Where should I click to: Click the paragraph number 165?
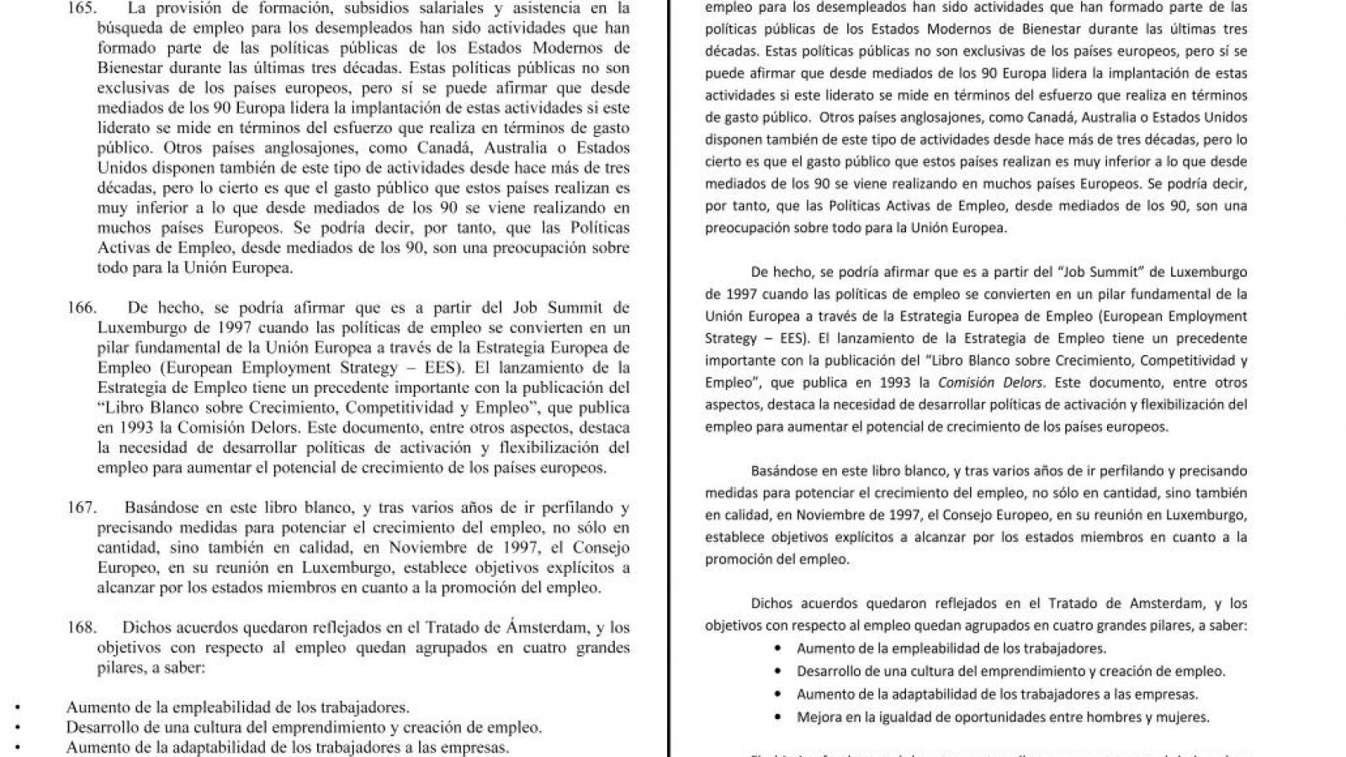(x=82, y=8)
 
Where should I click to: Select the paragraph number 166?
(x=82, y=308)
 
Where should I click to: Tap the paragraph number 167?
(x=82, y=508)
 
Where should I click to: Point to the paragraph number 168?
(x=82, y=627)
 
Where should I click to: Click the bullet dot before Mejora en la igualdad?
(x=778, y=717)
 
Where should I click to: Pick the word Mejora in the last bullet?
(x=817, y=717)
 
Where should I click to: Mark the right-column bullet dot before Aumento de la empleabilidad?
(x=778, y=648)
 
